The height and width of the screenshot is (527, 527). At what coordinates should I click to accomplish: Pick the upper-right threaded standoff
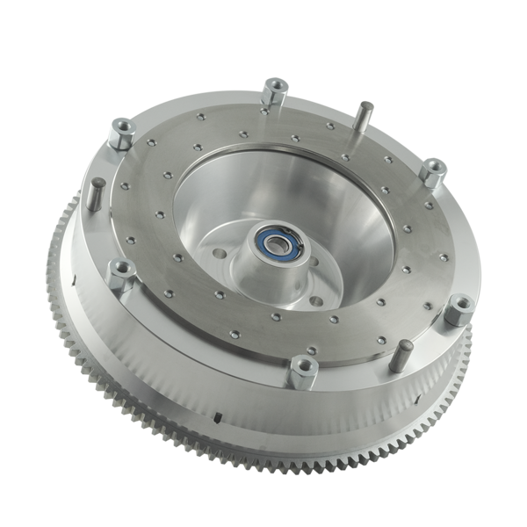(430, 172)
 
